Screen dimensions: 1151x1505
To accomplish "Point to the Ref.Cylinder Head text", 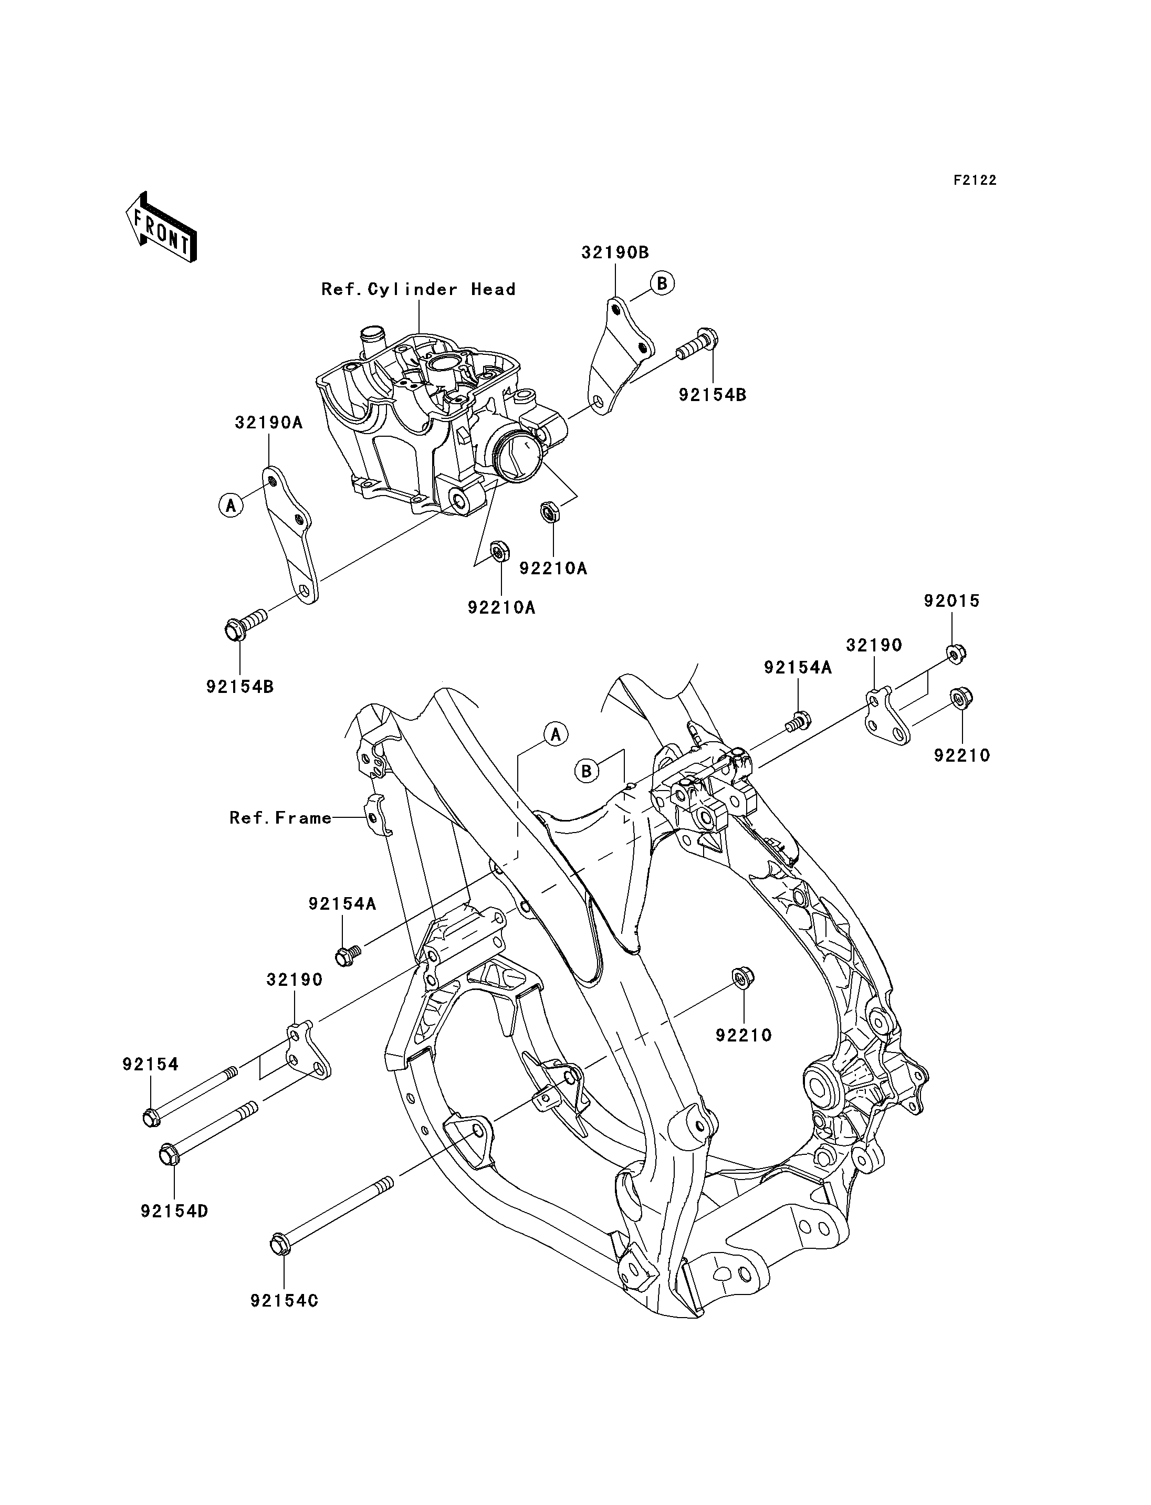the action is [x=418, y=290].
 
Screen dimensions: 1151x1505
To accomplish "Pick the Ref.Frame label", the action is [x=280, y=818].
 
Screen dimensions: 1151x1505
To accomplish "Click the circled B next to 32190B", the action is [x=662, y=283].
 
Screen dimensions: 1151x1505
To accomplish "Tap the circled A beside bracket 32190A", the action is [x=232, y=506].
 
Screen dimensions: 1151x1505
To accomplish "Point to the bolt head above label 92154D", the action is [x=169, y=1155].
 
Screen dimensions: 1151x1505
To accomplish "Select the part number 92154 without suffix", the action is [x=151, y=1065].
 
